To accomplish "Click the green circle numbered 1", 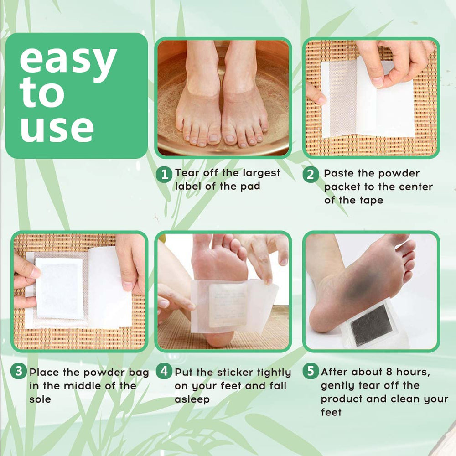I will (164, 174).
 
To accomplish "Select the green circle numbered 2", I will (311, 174).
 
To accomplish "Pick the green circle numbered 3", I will (19, 371).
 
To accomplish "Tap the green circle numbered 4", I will (164, 371).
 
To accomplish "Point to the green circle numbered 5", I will (311, 371).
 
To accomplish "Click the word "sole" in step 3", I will (40, 399).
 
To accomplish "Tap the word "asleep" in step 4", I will (192, 399).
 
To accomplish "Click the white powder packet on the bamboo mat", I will (59, 289).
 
